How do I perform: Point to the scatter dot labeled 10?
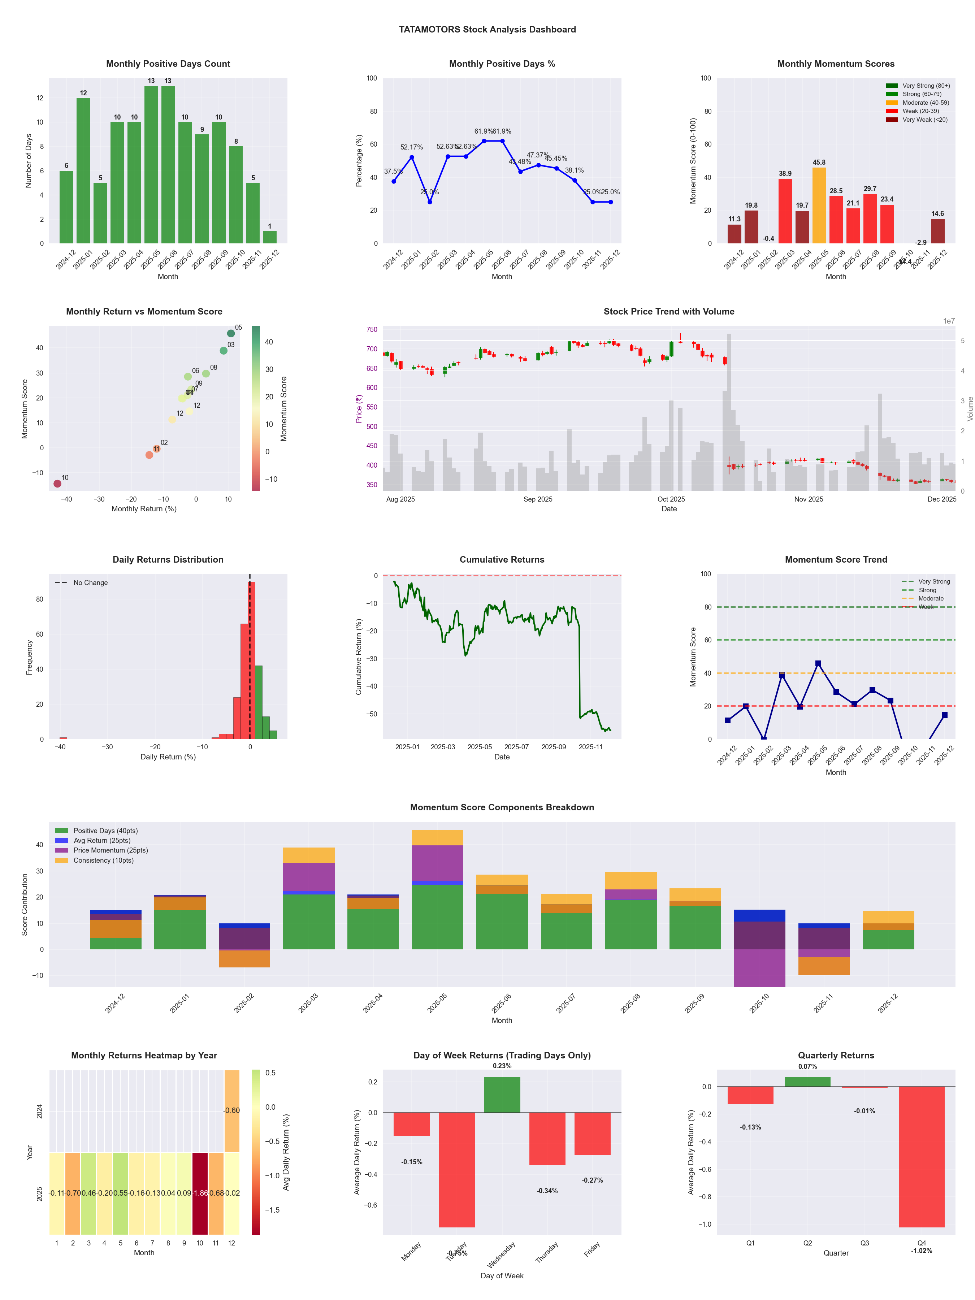57,484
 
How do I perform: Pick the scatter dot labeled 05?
231,333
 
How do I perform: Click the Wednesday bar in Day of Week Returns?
502,1094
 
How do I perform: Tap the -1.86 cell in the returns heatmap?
200,1193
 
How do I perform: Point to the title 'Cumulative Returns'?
502,559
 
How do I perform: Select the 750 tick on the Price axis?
372,330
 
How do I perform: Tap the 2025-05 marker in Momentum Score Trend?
818,663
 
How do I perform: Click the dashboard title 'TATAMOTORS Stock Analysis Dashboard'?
487,29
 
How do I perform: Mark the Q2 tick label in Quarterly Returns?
807,1243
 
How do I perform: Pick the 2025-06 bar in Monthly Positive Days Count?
168,165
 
